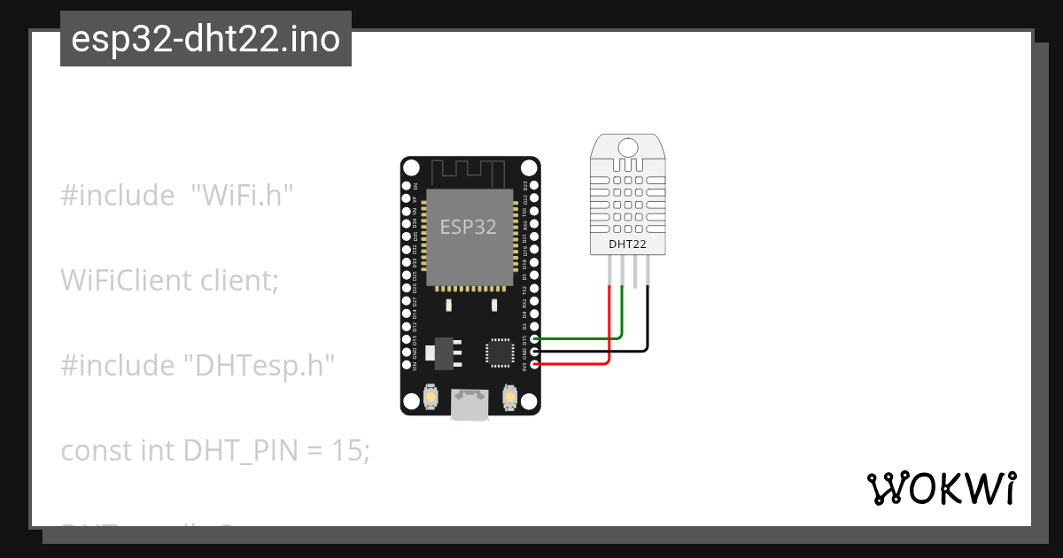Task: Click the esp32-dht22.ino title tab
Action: (206, 40)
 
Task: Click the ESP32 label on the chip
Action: (469, 227)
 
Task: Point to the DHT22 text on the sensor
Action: (626, 244)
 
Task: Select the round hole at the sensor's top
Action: (628, 147)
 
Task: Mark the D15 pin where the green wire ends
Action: (534, 338)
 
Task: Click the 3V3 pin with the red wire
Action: (534, 364)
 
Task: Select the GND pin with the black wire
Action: (534, 352)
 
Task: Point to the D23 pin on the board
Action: (534, 186)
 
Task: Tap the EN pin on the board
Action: (407, 186)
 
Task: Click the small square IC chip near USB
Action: (499, 353)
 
